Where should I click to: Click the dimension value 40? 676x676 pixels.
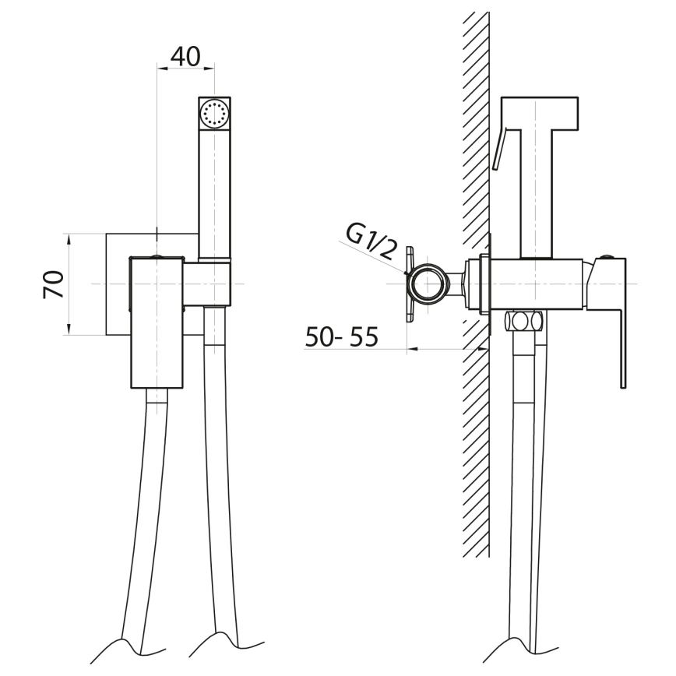pyautogui.click(x=185, y=56)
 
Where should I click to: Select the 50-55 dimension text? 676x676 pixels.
pyautogui.click(x=341, y=336)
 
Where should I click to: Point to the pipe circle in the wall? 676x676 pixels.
pyautogui.click(x=430, y=283)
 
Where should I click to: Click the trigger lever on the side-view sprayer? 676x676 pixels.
pyautogui.click(x=499, y=148)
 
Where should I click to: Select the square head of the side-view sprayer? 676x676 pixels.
pyautogui.click(x=540, y=113)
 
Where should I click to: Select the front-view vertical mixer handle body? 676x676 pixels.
pyautogui.click(x=156, y=323)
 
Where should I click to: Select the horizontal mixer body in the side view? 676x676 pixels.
pyautogui.click(x=537, y=283)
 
